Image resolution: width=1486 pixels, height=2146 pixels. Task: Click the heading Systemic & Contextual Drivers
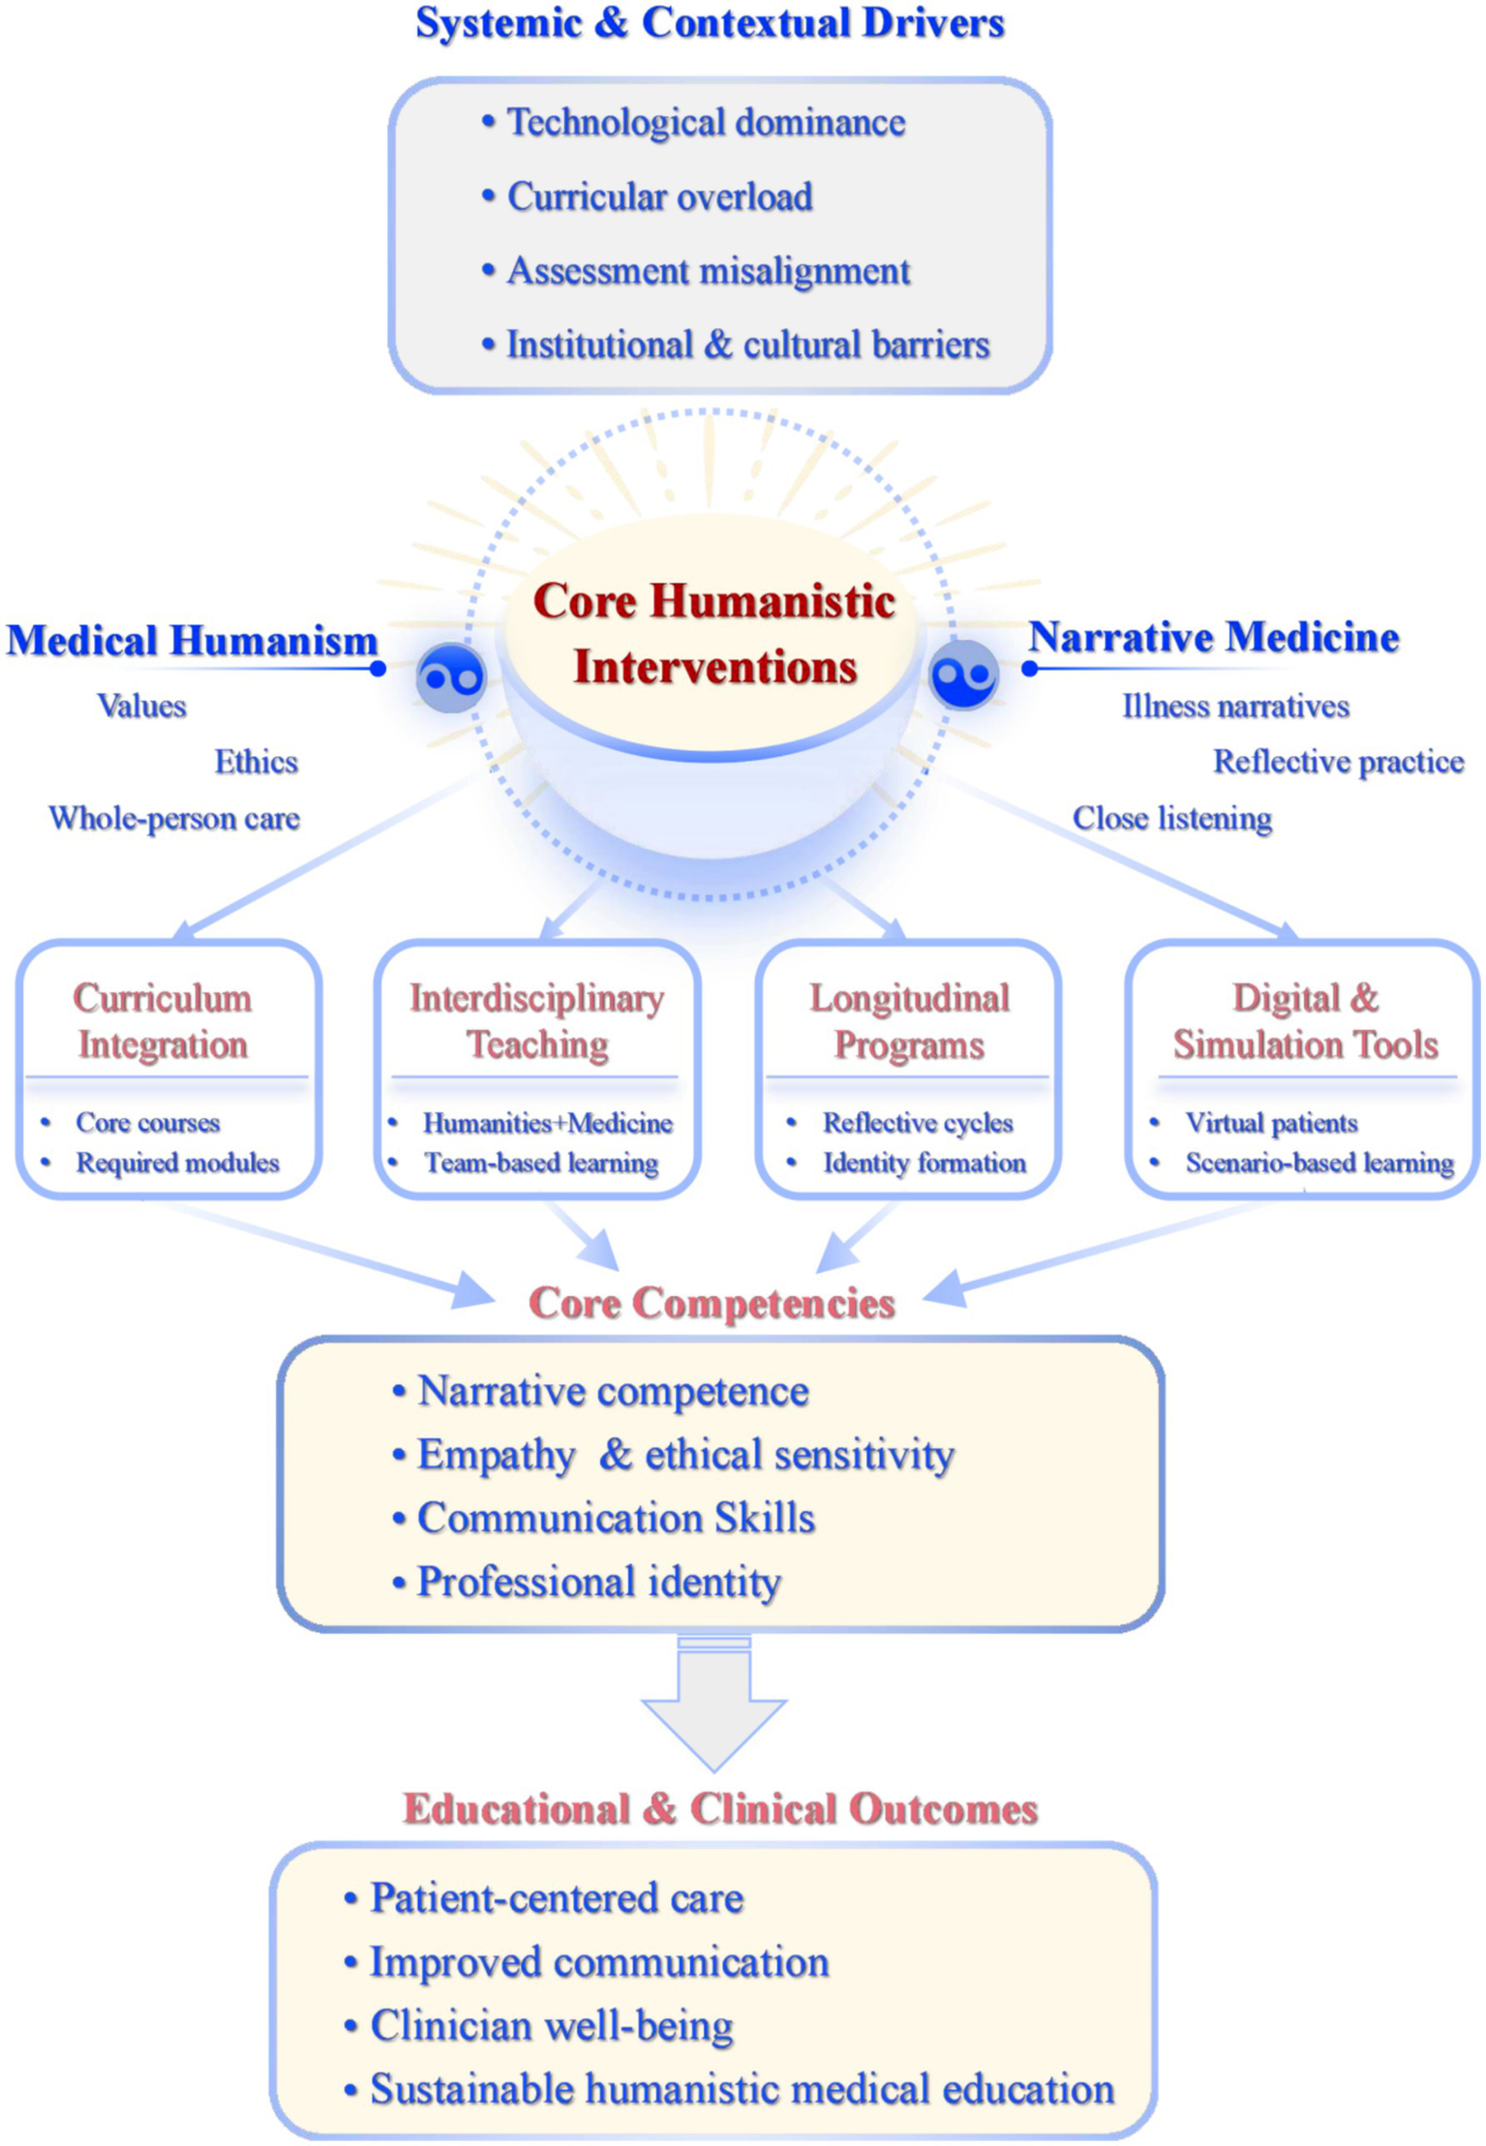pyautogui.click(x=710, y=24)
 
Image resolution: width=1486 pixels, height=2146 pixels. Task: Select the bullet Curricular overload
pyautogui.click(x=659, y=197)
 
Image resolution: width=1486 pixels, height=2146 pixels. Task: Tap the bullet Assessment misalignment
pyautogui.click(x=708, y=272)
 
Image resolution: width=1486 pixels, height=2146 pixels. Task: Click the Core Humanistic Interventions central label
pyautogui.click(x=713, y=634)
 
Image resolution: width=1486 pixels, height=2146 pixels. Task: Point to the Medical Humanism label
pyautogui.click(x=192, y=641)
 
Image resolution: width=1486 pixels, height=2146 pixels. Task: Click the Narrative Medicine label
pyautogui.click(x=1213, y=638)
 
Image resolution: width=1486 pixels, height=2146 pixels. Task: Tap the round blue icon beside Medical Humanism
pyautogui.click(x=451, y=677)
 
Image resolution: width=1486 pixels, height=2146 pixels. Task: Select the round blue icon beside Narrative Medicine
pyautogui.click(x=963, y=675)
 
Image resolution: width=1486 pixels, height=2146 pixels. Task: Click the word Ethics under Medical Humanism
pyautogui.click(x=256, y=763)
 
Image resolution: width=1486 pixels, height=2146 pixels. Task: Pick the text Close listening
pyautogui.click(x=1171, y=819)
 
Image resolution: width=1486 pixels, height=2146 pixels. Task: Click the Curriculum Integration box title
pyautogui.click(x=163, y=1021)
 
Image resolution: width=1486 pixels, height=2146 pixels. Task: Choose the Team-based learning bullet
pyautogui.click(x=541, y=1163)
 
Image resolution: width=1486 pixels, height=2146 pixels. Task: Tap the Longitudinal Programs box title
pyautogui.click(x=909, y=1021)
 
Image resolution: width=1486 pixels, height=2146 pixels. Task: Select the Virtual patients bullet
pyautogui.click(x=1271, y=1123)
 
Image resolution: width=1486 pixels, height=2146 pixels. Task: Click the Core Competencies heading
pyautogui.click(x=712, y=1303)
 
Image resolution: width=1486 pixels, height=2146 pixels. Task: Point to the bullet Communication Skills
pyautogui.click(x=616, y=1518)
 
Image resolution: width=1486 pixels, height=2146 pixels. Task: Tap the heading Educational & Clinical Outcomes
pyautogui.click(x=720, y=1809)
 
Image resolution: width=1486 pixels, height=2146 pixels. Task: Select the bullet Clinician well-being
pyautogui.click(x=552, y=2026)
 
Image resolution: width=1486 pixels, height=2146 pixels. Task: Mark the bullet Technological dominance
pyautogui.click(x=706, y=123)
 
